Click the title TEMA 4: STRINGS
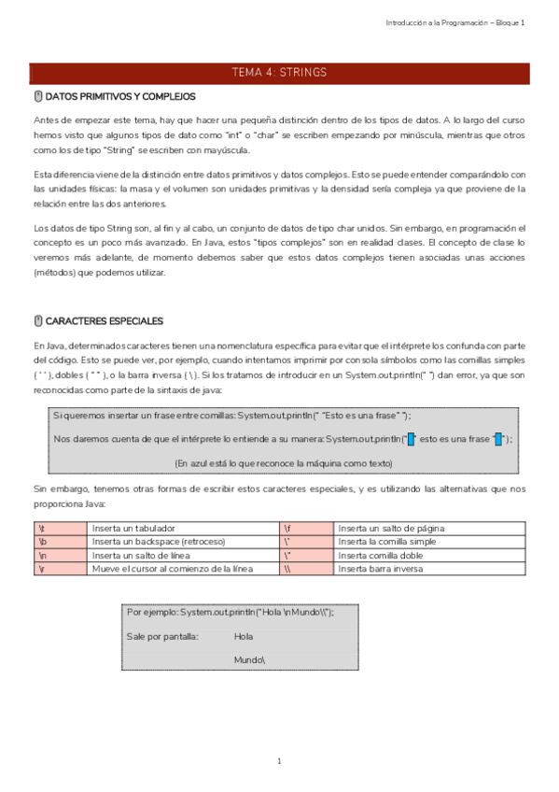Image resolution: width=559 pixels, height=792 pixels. [279, 73]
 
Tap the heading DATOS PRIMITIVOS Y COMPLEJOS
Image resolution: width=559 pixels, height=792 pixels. [119, 96]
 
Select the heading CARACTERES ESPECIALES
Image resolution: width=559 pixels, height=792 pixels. [104, 321]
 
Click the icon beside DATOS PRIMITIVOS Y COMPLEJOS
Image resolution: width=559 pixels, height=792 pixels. [37, 96]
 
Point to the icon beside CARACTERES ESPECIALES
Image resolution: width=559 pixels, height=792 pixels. [37, 321]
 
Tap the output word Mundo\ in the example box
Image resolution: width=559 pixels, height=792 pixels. [249, 659]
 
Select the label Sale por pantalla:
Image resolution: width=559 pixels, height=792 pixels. [162, 636]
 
